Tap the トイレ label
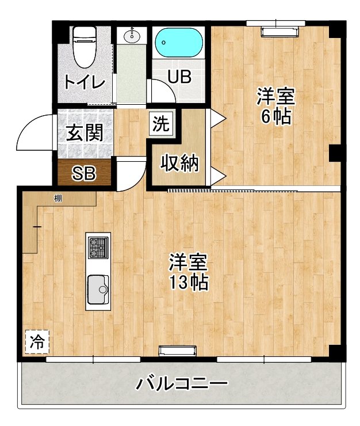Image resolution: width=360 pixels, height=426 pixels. tap(85, 82)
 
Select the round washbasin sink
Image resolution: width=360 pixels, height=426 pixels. tap(132, 36)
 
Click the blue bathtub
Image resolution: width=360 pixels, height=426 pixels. tap(178, 43)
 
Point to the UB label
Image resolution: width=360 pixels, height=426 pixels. tap(179, 77)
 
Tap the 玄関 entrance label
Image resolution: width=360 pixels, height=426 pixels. tap(85, 133)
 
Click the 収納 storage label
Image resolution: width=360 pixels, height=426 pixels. tap(179, 163)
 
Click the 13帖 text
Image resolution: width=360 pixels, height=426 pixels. tap(188, 282)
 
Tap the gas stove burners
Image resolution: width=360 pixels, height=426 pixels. tap(98, 248)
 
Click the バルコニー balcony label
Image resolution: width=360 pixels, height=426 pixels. tap(182, 383)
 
